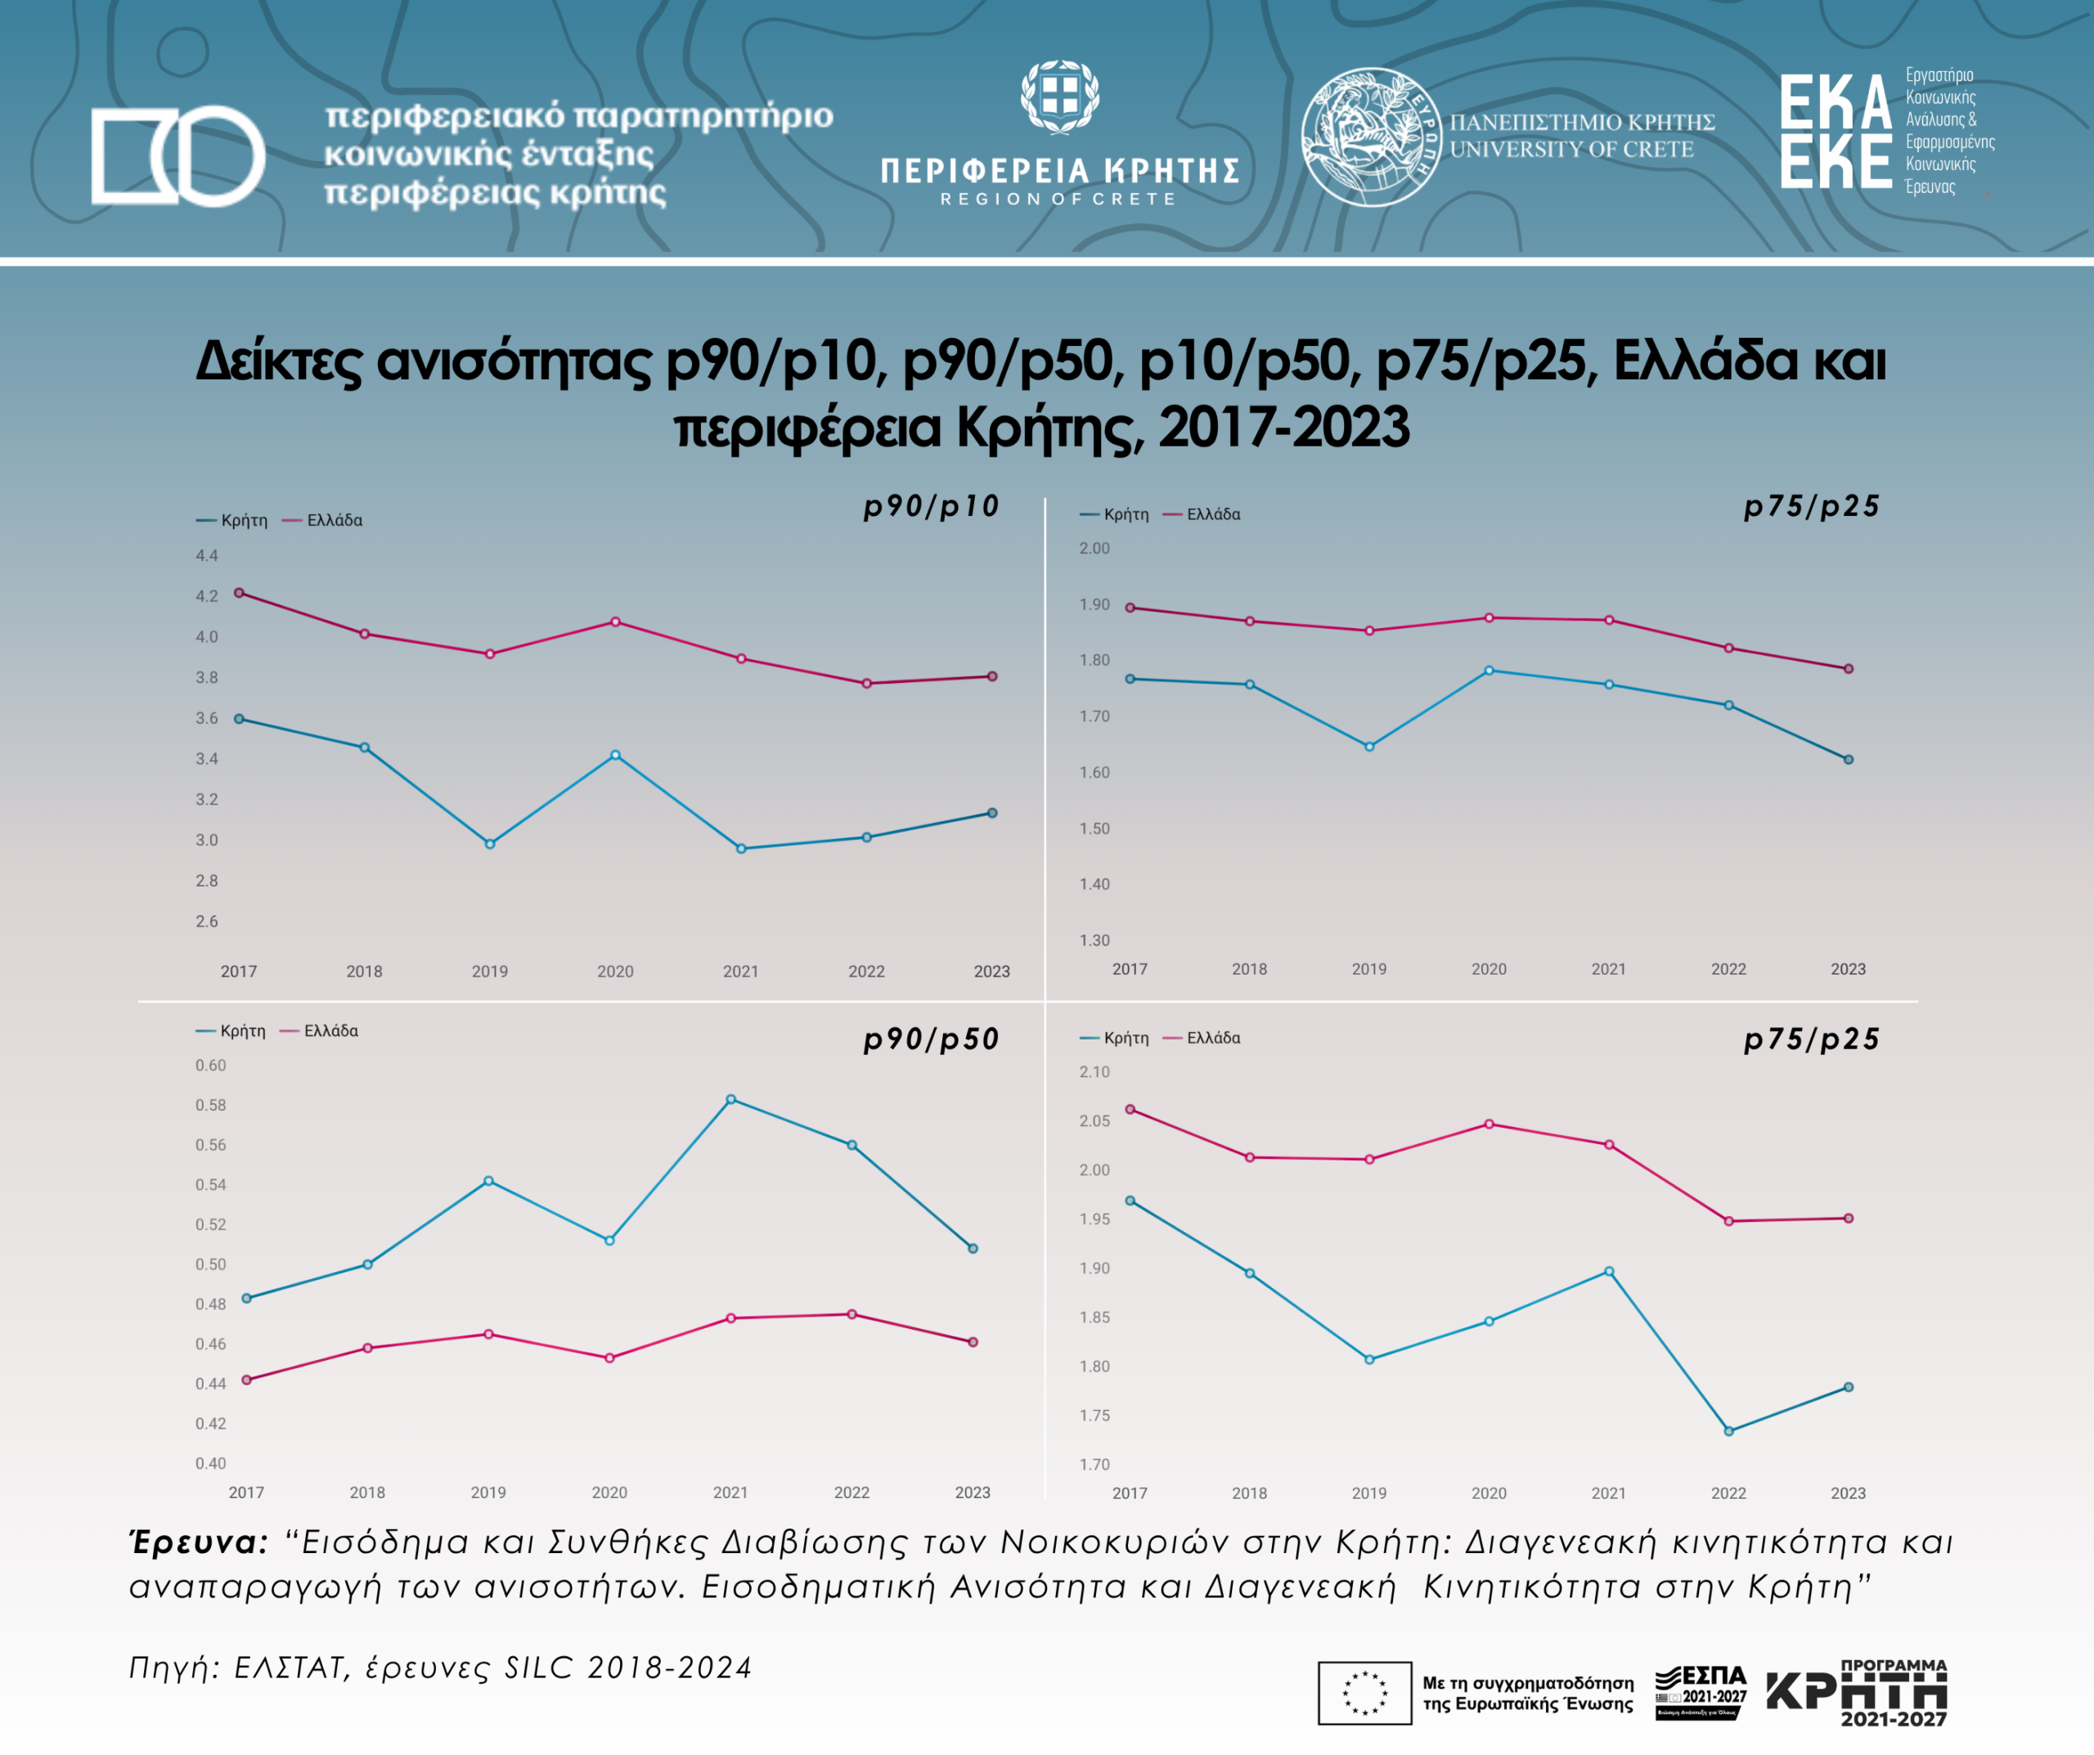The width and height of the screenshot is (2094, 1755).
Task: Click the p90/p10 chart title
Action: click(x=930, y=506)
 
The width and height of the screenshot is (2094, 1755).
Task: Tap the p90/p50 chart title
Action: click(x=930, y=1039)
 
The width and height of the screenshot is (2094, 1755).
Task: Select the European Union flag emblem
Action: click(x=1364, y=1692)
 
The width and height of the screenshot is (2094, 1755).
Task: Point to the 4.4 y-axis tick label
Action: click(x=206, y=555)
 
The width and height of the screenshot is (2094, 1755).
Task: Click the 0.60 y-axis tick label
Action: click(x=210, y=1065)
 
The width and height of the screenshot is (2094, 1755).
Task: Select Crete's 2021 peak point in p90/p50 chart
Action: click(x=731, y=1099)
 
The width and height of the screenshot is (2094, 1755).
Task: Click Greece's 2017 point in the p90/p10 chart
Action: click(x=240, y=592)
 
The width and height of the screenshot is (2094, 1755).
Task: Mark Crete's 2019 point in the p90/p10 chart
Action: click(x=490, y=844)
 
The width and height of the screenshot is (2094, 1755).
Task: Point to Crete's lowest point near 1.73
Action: click(x=1728, y=1431)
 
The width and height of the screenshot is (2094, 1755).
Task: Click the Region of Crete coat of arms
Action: click(x=1059, y=97)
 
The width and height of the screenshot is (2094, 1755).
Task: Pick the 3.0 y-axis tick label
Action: click(x=206, y=840)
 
